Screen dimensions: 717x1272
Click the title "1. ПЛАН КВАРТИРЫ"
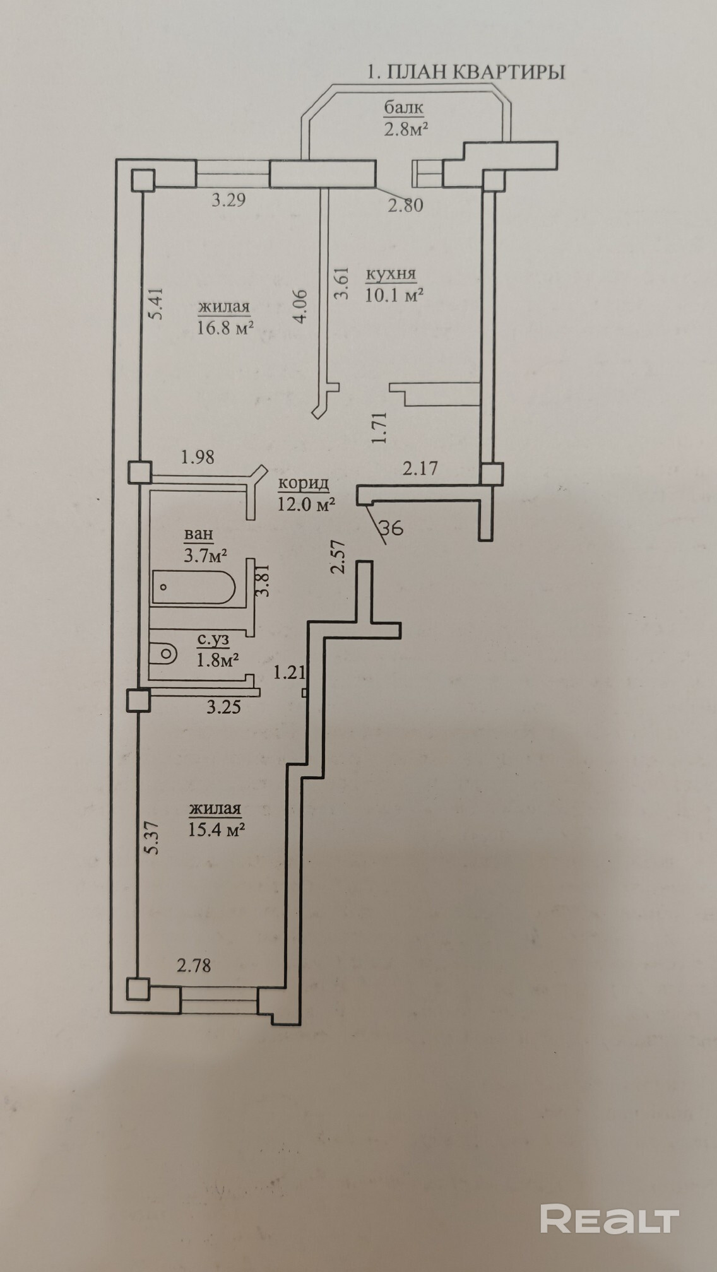pos(466,72)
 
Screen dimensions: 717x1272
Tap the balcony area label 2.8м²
pos(406,129)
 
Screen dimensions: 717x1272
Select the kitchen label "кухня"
pos(391,274)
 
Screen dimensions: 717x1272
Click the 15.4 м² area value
pos(216,830)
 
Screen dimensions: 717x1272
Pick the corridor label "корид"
pos(304,483)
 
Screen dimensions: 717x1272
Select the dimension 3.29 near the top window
pos(228,201)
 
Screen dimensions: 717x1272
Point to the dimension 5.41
pos(157,303)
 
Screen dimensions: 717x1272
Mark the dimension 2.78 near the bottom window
pos(194,965)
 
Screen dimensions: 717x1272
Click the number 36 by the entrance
pos(393,527)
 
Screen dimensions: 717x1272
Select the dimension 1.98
pos(198,457)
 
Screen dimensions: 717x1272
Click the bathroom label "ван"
pos(198,534)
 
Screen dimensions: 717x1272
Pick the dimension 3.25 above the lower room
pos(223,707)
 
